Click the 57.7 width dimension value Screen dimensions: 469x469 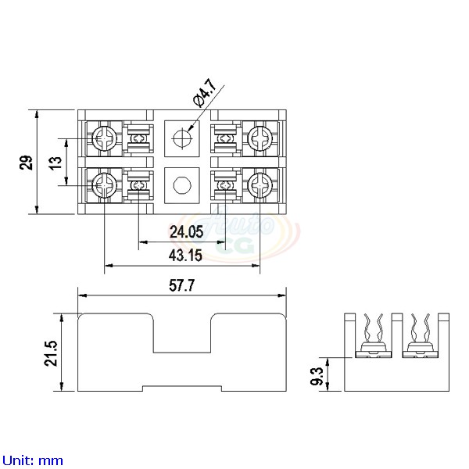pos(182,286)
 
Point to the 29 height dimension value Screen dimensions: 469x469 pos(26,162)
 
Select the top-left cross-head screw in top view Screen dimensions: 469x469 pos(104,139)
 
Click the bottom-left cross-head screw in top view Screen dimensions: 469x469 pos(104,185)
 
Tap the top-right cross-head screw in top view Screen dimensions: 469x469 pos(258,139)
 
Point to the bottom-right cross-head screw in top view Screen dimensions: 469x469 pos(258,185)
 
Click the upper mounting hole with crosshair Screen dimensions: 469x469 pos(181,139)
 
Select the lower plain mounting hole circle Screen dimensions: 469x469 pos(181,185)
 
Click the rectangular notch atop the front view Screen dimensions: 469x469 pos(181,331)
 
